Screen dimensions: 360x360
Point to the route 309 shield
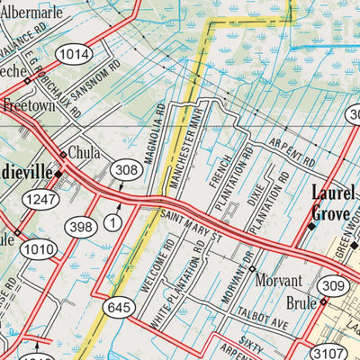pos(334,286)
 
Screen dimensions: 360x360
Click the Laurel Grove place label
pos(333,202)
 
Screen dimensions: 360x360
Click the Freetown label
pos(26,105)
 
